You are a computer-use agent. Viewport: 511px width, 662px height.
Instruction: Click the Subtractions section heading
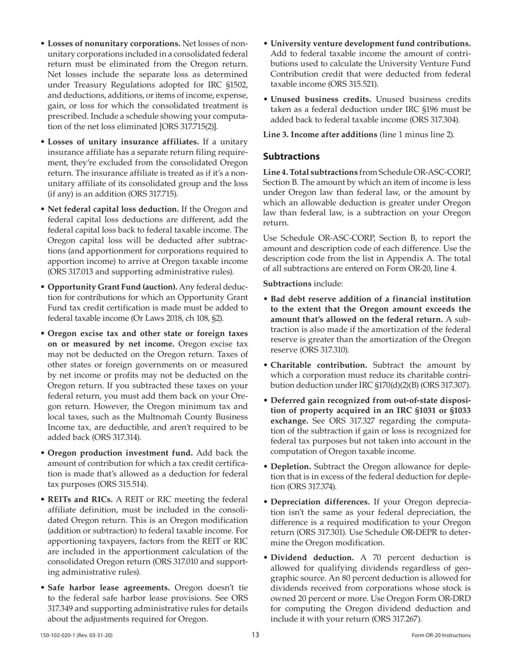(x=292, y=156)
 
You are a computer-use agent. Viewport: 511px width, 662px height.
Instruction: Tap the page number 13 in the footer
(x=256, y=635)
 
